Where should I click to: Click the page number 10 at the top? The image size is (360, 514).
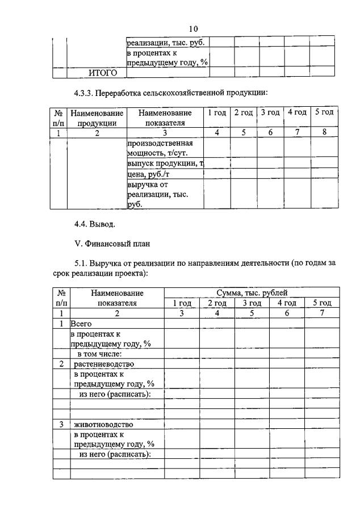[193, 29]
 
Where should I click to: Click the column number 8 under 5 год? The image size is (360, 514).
[324, 132]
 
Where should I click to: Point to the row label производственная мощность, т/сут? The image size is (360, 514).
[165, 148]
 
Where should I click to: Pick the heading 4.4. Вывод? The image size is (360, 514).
[95, 224]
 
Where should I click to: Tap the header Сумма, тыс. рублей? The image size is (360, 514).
[252, 292]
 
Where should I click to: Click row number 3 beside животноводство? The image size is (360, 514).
[61, 424]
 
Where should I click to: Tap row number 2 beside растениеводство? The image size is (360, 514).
[61, 363]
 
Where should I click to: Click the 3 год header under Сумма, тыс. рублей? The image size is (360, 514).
[252, 303]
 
